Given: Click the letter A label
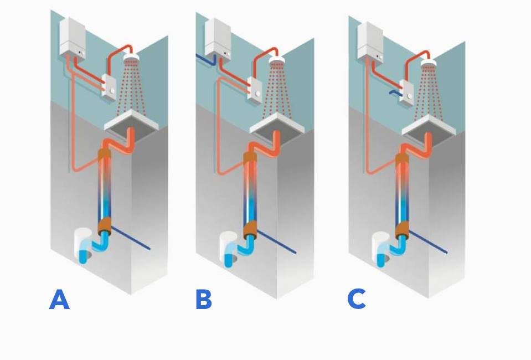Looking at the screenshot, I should pyautogui.click(x=59, y=300).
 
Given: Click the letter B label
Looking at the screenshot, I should pyautogui.click(x=204, y=300).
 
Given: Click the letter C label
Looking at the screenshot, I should pyautogui.click(x=357, y=299).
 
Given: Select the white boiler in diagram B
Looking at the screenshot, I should pyautogui.click(x=218, y=38).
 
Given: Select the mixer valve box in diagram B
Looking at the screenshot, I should pyautogui.click(x=256, y=89).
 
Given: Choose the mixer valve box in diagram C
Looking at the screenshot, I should pyautogui.click(x=408, y=92).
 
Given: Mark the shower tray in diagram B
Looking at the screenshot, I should pyautogui.click(x=276, y=123).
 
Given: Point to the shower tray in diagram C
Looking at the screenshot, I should pyautogui.click(x=428, y=125).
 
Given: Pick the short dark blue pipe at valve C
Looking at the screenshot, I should pyautogui.click(x=394, y=93).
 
